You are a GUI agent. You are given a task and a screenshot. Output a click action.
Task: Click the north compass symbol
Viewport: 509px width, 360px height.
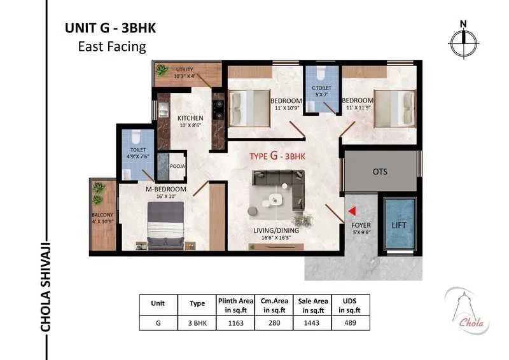pos(464,42)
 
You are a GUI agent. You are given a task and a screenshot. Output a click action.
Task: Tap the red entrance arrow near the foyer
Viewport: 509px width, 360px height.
pos(351,211)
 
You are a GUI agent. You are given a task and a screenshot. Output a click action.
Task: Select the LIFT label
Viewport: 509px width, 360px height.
pos(399,226)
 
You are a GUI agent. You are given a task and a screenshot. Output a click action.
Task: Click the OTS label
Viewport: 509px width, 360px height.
pos(380,172)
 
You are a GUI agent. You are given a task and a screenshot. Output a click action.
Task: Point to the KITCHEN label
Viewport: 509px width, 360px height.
pos(190,118)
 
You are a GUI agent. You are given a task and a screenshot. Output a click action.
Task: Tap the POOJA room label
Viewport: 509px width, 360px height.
pos(178,167)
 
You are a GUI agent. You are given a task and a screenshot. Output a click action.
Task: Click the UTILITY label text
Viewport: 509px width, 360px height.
pos(185,69)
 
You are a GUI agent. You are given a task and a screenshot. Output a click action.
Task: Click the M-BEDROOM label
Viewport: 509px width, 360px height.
pos(165,189)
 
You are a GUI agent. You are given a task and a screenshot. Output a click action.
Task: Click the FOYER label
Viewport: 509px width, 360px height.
pos(361,226)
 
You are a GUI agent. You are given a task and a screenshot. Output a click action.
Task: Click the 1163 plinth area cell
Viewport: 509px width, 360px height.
pos(235,323)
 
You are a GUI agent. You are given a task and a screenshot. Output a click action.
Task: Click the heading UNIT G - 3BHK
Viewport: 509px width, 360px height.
pos(110,28)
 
